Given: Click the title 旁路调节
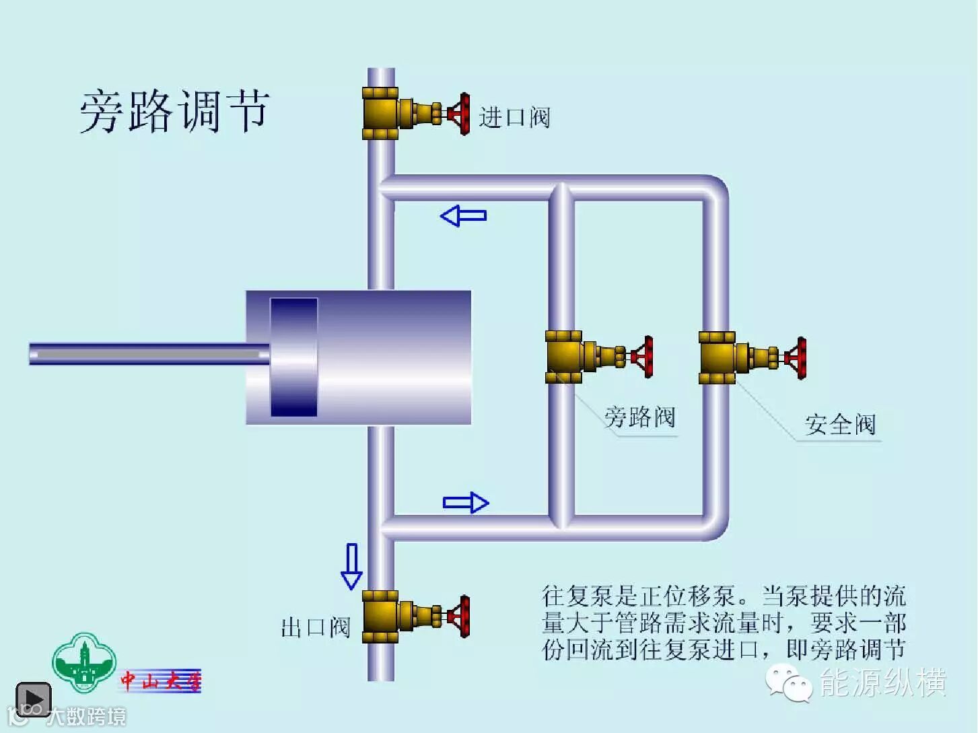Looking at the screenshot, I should click(174, 111).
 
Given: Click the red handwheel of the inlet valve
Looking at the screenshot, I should click(460, 114).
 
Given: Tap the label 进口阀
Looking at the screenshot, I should click(514, 118).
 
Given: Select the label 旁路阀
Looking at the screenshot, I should click(639, 417).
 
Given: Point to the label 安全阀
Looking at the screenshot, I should click(840, 425).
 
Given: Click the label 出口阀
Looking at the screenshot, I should click(316, 627).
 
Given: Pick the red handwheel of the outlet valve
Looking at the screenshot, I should click(460, 615).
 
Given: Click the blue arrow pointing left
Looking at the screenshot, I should click(463, 216).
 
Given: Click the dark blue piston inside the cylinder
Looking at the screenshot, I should click(294, 357).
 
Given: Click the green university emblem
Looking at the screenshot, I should click(84, 662).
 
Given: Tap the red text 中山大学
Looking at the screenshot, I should click(161, 681).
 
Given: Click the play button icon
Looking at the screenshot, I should click(33, 699).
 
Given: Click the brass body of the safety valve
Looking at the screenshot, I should click(718, 357).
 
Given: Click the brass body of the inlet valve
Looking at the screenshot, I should click(381, 114).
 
